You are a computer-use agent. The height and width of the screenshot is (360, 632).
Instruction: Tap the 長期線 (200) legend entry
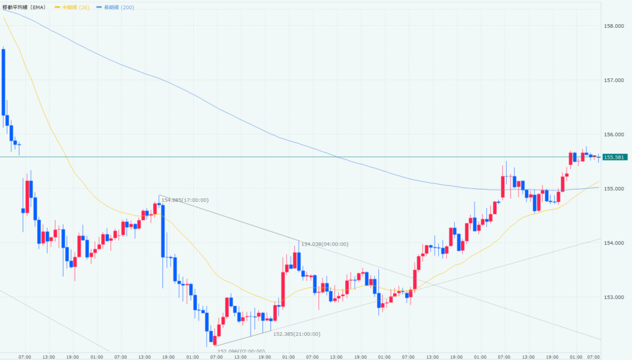tap(120, 7)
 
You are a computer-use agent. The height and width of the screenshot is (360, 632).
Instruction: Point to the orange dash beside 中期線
tap(57, 7)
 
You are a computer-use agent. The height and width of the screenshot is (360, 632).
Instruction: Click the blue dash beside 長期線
tap(99, 7)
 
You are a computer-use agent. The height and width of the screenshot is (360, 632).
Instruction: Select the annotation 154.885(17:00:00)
tap(185, 200)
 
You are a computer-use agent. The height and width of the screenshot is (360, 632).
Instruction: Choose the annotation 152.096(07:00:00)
tap(241, 351)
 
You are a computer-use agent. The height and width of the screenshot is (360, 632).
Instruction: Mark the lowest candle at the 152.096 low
tap(214, 338)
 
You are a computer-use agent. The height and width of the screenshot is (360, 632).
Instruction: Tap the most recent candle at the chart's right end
tap(598, 157)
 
